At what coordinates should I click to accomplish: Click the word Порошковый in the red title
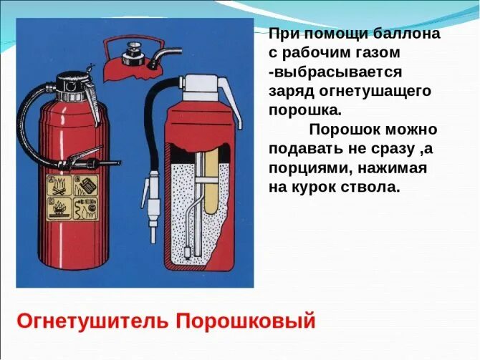[x=246, y=320]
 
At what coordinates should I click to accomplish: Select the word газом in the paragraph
[x=378, y=53]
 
